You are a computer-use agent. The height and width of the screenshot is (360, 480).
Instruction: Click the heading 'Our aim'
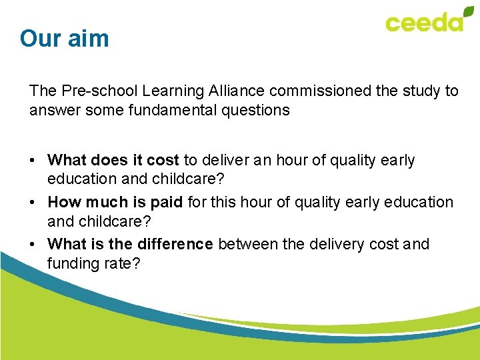point(64,39)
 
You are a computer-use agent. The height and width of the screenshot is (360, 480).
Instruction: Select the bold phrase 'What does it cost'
point(113,161)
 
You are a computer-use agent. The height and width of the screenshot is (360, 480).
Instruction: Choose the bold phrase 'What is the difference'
point(131,244)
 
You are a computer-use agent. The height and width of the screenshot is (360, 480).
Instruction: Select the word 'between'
point(247,244)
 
